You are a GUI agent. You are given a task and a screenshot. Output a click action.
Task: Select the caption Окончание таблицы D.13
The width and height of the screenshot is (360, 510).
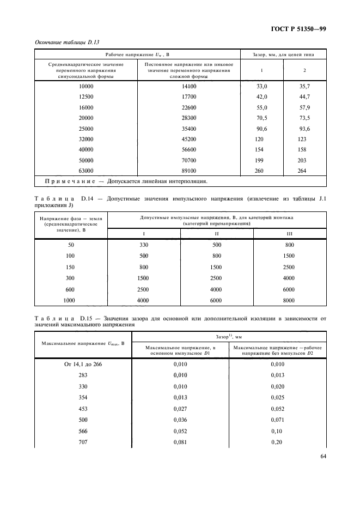tap(67, 42)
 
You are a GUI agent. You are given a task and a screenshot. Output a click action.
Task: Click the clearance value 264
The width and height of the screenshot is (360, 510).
tap(302, 171)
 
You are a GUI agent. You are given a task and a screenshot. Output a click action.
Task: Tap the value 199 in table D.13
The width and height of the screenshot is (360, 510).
tap(260, 160)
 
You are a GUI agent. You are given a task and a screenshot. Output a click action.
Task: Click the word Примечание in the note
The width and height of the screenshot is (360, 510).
tap(66, 181)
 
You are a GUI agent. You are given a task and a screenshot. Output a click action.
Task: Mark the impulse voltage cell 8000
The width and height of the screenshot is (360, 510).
tap(289, 300)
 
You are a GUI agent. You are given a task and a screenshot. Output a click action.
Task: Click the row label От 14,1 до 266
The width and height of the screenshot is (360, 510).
tap(83, 364)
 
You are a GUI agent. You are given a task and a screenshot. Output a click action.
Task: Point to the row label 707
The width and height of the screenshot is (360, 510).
tap(83, 442)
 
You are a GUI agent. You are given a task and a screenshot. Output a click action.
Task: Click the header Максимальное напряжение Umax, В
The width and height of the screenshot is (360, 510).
tap(84, 343)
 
